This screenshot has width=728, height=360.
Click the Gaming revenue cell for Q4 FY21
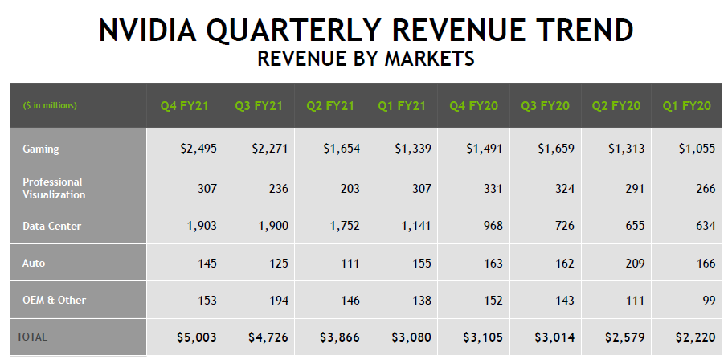coord(198,149)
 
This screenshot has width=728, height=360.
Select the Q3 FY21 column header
coord(259,106)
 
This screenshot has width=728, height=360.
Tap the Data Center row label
coord(51,226)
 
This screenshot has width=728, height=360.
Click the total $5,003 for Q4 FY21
coord(197,337)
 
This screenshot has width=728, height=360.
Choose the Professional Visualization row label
coord(53,188)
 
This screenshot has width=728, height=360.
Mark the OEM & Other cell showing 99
coord(706,300)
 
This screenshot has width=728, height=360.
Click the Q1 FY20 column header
coord(687,106)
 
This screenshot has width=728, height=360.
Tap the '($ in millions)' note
coord(50,105)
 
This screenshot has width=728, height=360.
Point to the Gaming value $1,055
coord(697,149)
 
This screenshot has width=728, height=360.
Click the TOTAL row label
coord(31,337)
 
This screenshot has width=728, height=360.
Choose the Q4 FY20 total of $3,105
coord(483,337)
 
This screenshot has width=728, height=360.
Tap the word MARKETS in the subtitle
coord(429,59)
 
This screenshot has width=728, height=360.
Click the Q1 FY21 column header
coord(402,106)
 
